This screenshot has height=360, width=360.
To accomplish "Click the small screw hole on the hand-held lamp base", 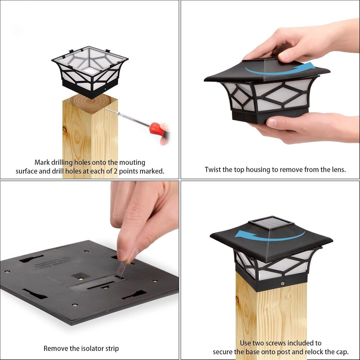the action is [244, 119].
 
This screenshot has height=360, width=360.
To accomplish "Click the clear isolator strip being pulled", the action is [121, 269].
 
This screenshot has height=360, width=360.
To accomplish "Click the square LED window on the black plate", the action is [81, 276].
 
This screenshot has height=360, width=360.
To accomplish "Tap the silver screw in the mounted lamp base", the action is [283, 284].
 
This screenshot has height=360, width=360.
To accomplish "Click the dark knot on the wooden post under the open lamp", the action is [65, 130].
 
